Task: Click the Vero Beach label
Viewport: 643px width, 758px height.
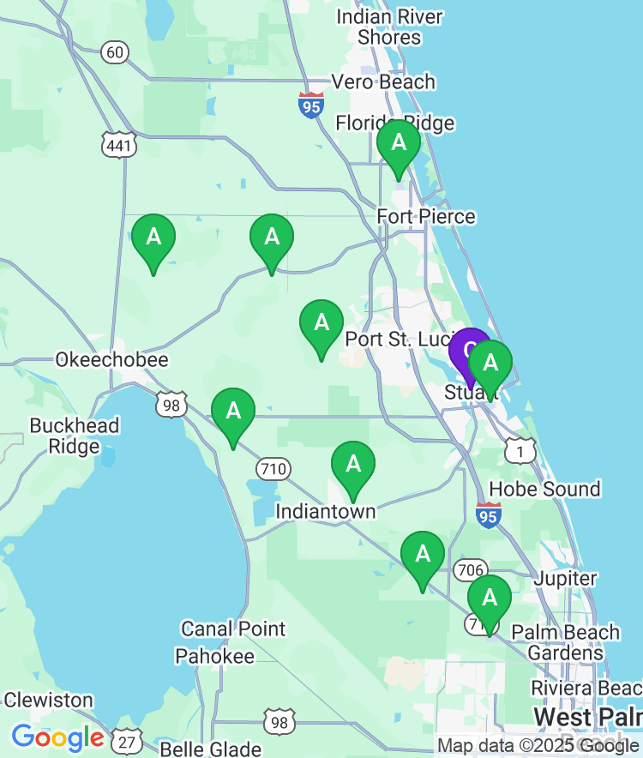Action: tap(383, 82)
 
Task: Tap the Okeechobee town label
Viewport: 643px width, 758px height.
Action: tap(111, 359)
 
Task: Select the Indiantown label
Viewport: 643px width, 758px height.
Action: tap(325, 511)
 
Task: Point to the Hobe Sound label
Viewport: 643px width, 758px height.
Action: tap(544, 489)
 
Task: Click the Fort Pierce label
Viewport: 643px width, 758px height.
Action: tap(426, 216)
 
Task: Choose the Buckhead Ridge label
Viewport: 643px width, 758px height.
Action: tap(75, 436)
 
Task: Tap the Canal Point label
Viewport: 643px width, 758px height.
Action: tap(233, 629)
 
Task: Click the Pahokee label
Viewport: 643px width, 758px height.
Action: tap(215, 657)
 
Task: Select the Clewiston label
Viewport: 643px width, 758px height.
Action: tap(48, 700)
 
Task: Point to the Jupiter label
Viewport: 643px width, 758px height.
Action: tap(565, 579)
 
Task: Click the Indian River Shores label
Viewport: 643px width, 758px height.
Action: tap(390, 27)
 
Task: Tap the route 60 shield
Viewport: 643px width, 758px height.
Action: tap(115, 52)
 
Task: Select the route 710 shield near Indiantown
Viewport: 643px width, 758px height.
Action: tap(273, 469)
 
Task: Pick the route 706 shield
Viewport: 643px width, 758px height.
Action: tap(471, 569)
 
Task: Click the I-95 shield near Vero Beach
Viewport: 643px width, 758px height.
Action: tap(311, 105)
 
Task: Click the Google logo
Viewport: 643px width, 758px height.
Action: tap(57, 737)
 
